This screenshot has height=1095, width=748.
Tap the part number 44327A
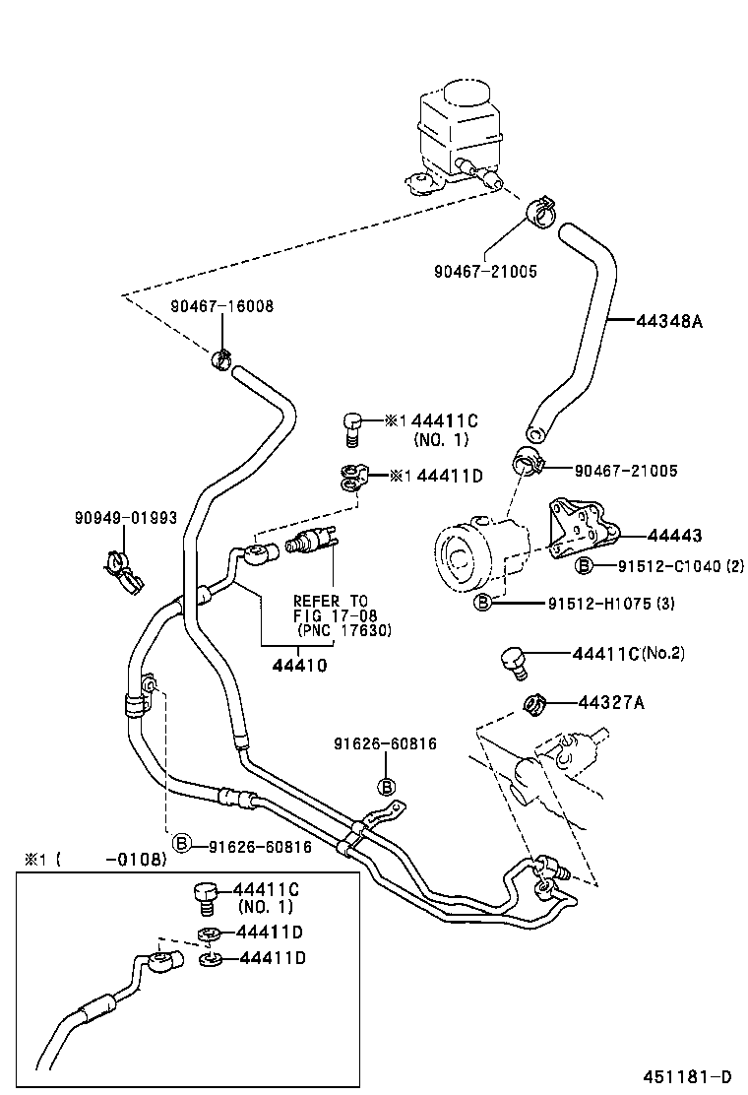click(x=610, y=702)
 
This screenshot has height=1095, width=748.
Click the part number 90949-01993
click(x=126, y=517)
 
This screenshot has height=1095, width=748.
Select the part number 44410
click(x=299, y=666)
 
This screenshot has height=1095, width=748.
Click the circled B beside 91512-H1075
click(x=483, y=603)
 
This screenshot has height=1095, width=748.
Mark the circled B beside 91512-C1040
click(x=584, y=566)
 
